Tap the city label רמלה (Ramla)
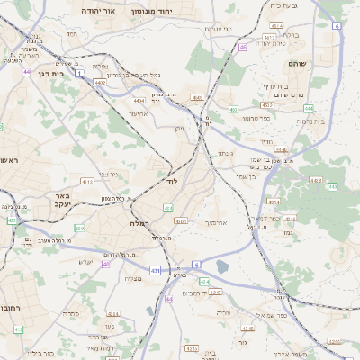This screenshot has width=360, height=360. coord(139,222)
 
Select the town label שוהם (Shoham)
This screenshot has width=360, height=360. coord(297,64)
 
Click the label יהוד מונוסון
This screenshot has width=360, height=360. coord(150,11)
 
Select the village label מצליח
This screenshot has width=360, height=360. coord(131,277)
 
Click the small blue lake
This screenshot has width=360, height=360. coord(222,266)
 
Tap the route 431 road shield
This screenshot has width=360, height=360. coord(156,269)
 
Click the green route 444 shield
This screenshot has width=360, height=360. coord(169,299)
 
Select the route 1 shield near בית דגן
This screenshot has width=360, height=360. coord(79,72)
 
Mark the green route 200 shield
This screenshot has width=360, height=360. coord(79,229)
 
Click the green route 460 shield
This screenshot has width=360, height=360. coord(233,110)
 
